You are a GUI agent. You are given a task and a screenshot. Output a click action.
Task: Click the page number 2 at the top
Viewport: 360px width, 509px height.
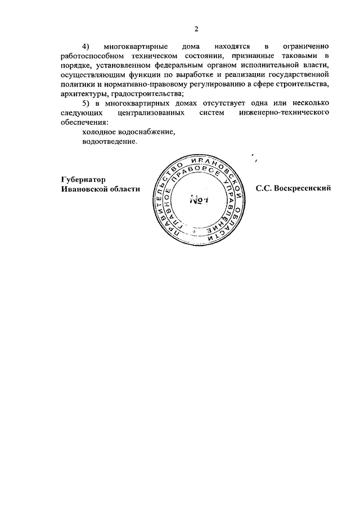196,29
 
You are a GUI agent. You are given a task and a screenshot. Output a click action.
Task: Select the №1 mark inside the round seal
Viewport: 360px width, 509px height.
199,200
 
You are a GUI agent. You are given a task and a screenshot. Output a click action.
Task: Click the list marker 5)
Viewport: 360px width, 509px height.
85,103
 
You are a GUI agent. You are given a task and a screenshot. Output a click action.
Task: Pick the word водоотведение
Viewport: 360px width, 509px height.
110,142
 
